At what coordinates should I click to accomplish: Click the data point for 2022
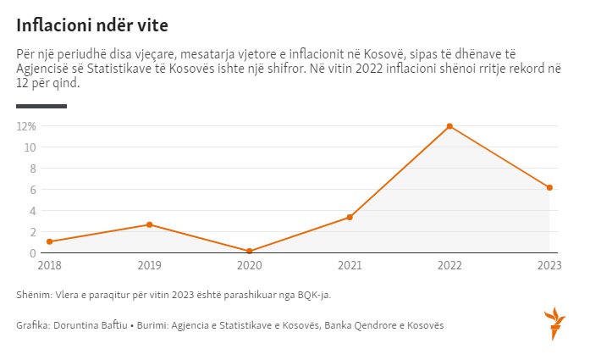point(449,126)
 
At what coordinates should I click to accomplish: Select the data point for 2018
point(50,241)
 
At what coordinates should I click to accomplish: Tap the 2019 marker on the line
point(150,224)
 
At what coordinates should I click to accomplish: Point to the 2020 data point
point(250,251)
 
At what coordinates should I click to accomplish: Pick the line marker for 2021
point(350,218)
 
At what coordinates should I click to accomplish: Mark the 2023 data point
point(549,187)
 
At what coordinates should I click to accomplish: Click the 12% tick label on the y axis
point(27,126)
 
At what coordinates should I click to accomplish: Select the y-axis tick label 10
point(30,147)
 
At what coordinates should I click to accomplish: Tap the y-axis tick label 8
point(33,169)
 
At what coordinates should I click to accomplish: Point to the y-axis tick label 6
point(33,190)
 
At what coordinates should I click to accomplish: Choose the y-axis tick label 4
point(33,211)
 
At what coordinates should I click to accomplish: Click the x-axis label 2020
point(250,265)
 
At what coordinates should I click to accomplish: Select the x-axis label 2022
point(449,265)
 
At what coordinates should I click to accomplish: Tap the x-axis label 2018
point(50,265)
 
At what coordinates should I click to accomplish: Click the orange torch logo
point(554,322)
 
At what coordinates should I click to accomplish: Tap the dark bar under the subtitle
point(41,106)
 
